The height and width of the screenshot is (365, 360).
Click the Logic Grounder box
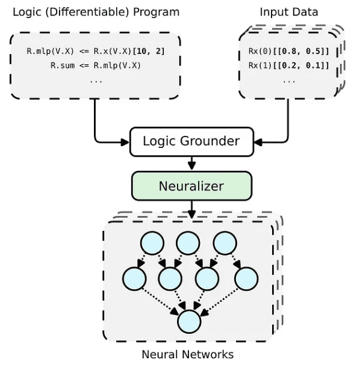(x=191, y=142)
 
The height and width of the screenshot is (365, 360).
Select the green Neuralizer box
(x=191, y=186)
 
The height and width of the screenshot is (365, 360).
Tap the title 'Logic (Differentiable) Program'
(x=96, y=12)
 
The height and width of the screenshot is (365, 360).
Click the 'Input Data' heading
(x=288, y=12)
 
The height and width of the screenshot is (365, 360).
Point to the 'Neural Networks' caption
(x=187, y=354)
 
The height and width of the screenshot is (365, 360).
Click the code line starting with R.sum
(x=95, y=66)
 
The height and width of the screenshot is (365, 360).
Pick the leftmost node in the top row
(x=152, y=243)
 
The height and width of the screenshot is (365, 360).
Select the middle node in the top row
(x=188, y=243)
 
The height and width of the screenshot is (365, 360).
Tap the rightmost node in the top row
(x=225, y=243)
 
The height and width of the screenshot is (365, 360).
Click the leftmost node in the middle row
(x=134, y=278)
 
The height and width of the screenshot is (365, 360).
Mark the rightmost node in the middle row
(x=246, y=278)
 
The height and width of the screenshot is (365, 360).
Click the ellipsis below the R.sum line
(x=95, y=80)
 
